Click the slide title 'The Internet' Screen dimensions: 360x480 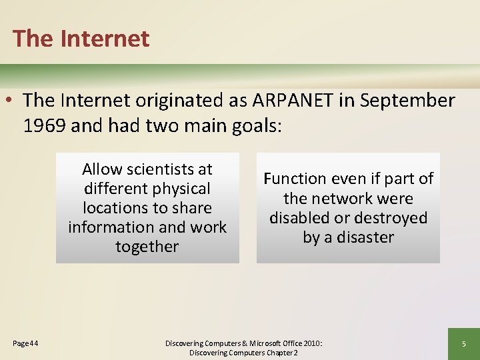point(81,38)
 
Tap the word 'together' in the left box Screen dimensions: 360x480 point(147,247)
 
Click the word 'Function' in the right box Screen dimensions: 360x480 point(294,179)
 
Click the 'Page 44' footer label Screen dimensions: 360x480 point(25,343)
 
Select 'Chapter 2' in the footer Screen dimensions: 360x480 point(282,353)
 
